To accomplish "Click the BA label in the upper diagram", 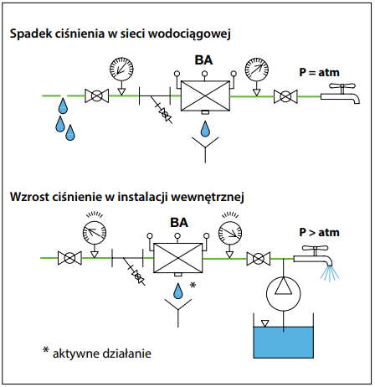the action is click(x=203, y=60).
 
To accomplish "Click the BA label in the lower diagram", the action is click(x=179, y=223).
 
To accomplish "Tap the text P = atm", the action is click(x=319, y=72).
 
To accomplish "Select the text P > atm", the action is click(x=319, y=232).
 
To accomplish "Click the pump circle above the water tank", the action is click(x=283, y=293).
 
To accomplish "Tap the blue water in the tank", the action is click(x=283, y=343).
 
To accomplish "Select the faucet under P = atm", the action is click(x=341, y=94).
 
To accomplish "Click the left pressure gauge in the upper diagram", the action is click(x=121, y=69).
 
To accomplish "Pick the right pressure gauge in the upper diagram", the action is click(x=257, y=70).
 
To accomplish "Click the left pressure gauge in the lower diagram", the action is click(x=95, y=233).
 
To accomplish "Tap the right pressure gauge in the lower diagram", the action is click(x=230, y=233).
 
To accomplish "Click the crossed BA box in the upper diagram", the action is click(x=205, y=95).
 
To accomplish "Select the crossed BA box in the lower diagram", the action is click(x=178, y=258).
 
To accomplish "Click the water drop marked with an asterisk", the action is click(x=178, y=291).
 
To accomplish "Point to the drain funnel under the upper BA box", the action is click(x=205, y=149).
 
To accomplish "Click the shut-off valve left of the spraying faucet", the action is click(x=259, y=259).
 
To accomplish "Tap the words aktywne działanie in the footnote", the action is click(x=102, y=353).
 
